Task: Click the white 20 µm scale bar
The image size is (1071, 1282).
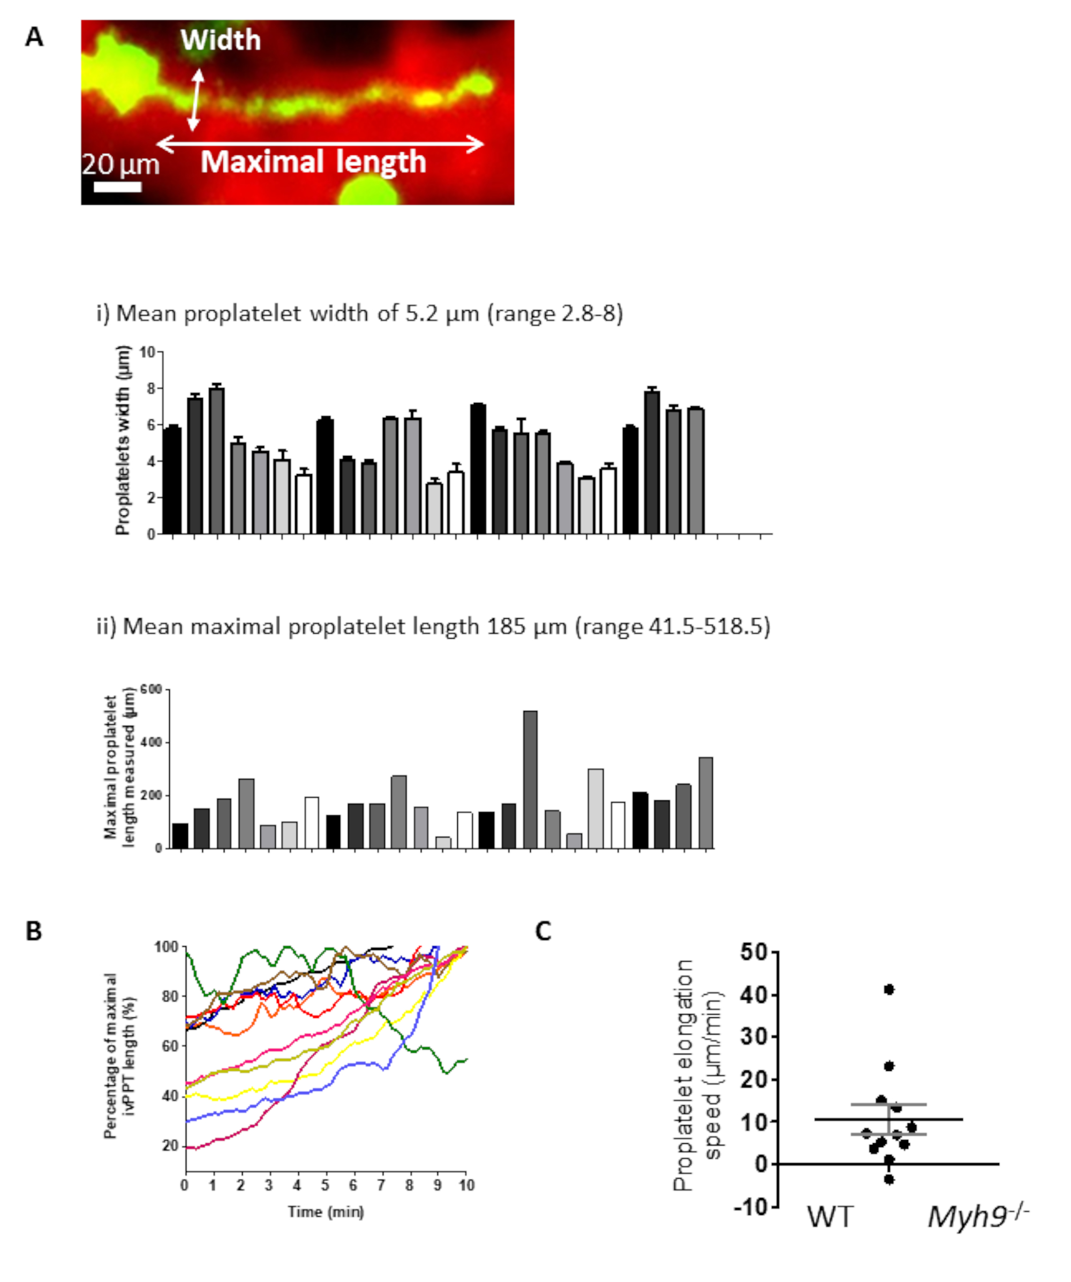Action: click(x=117, y=186)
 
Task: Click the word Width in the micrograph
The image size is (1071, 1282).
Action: click(x=220, y=40)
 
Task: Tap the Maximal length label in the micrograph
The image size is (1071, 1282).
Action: click(x=313, y=162)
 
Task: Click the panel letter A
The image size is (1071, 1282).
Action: click(x=34, y=38)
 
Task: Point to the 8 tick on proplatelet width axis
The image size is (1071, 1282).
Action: click(x=152, y=388)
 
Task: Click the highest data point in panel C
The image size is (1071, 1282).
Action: click(x=888, y=989)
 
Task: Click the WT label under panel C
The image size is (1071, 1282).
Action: click(x=830, y=1217)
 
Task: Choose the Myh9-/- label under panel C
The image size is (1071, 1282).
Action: click(x=978, y=1216)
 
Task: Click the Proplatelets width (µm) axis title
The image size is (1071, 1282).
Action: click(x=123, y=440)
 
